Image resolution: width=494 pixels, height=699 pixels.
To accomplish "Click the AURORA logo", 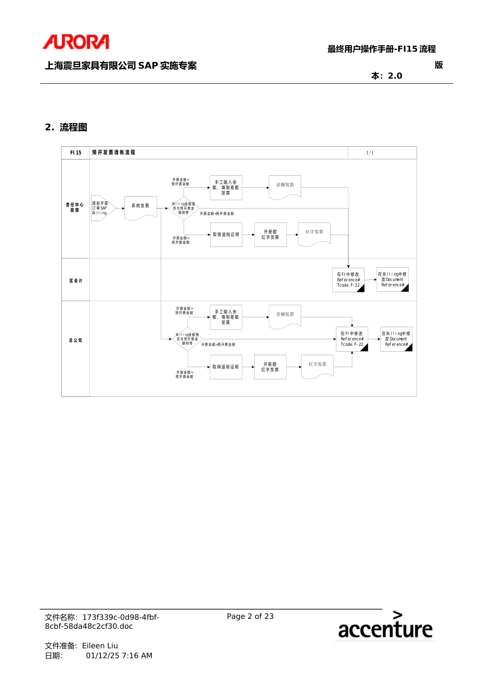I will tap(76, 42).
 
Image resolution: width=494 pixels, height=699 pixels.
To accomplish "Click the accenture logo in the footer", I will tap(385, 626).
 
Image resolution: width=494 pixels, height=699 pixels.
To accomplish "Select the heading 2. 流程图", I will tap(66, 127).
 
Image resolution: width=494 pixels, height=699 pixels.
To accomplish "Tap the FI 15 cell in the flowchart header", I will tap(76, 153).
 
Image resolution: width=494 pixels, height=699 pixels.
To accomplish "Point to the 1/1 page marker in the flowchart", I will tap(370, 153).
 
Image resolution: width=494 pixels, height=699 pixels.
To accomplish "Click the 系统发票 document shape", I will tap(140, 207).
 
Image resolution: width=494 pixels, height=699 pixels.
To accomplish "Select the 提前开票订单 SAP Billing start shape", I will tap(101, 208).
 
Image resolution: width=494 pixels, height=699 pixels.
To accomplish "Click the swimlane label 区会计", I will tap(76, 281).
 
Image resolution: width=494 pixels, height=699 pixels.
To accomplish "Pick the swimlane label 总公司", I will tap(76, 341).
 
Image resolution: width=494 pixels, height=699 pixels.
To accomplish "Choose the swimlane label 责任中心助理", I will tap(75, 208).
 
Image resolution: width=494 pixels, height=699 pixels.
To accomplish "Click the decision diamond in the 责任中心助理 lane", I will tap(184, 208).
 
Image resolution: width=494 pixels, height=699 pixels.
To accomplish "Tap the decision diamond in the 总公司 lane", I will tap(187, 339).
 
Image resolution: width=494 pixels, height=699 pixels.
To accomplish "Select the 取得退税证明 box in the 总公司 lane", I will tap(226, 367).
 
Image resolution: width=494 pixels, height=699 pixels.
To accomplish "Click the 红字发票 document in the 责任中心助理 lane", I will tap(315, 234).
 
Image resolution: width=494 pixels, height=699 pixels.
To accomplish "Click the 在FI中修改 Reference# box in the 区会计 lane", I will tap(348, 280).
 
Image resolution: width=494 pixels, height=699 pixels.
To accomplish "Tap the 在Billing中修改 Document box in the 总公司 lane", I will tap(396, 339).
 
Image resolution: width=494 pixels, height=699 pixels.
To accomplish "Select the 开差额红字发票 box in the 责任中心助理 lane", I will tap(270, 235).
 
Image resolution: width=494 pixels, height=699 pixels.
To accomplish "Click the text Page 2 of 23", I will tap(250, 616).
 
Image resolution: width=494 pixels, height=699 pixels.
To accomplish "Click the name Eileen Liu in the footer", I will tap(100, 646).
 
